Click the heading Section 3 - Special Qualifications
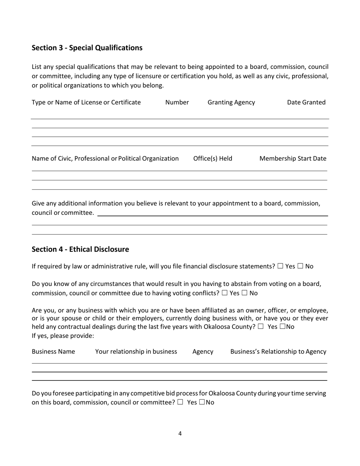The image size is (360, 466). pos(87,48)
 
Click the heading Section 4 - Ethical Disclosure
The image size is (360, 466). pos(80,249)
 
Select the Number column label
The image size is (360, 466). pos(177,102)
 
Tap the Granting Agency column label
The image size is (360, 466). pos(231,102)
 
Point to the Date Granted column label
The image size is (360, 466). pos(306,102)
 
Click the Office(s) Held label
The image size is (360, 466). pos(213,158)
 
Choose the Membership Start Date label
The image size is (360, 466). pos(293,158)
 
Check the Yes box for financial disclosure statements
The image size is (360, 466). pos(280,266)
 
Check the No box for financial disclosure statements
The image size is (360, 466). pos(300,266)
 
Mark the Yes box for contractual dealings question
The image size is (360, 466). pos(260,327)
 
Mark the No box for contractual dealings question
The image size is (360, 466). pos(282,327)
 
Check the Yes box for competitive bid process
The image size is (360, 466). pos(180,402)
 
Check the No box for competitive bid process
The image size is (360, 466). pos(202,402)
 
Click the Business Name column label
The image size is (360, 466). pos(53,352)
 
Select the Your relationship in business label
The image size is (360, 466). pos(136,352)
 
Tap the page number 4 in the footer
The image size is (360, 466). pos(180,433)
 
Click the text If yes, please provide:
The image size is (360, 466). pos(63,336)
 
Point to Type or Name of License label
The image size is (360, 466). pos(86,102)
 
